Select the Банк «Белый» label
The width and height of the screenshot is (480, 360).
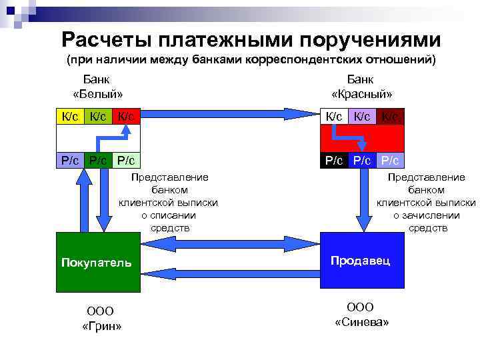98,86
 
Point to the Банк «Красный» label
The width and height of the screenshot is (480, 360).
362,86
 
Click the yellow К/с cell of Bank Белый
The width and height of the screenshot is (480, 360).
70,116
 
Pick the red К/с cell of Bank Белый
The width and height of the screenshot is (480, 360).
126,116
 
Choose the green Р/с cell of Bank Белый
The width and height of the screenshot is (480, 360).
98,159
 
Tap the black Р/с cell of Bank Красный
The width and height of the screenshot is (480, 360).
334,160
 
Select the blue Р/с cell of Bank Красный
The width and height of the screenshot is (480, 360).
390,160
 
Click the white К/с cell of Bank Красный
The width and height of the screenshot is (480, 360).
334,116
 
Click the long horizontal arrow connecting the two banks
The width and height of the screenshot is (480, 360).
231,113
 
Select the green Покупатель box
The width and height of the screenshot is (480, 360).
98,261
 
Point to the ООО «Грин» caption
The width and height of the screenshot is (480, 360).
101,318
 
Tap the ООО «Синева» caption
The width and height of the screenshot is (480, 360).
361,314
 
